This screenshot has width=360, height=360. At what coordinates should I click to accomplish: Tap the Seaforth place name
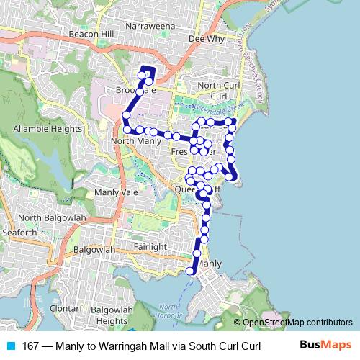click(19, 233)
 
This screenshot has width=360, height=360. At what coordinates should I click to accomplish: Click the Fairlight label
click(150, 246)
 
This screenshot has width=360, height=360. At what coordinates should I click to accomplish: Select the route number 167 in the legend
click(31, 346)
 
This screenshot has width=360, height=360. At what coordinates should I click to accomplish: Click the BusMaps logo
click(325, 345)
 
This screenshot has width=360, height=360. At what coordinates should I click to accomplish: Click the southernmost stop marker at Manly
click(190, 271)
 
